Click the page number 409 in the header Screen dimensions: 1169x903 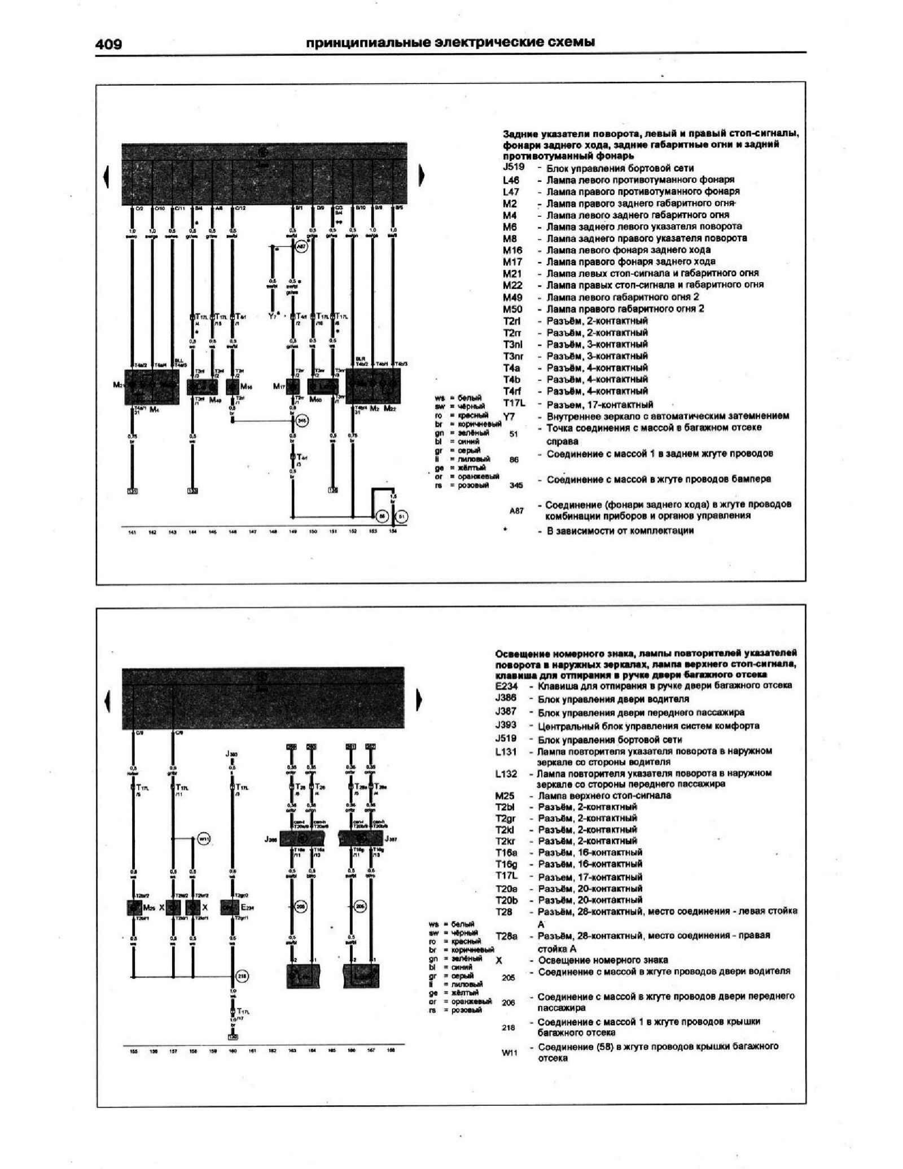pos(109,44)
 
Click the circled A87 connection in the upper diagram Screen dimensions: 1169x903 pos(301,247)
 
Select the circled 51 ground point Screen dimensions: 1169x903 pos(402,516)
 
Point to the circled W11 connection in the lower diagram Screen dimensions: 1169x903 pos(205,839)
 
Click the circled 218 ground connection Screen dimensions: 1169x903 pos(242,977)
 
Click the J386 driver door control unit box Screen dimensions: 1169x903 pos(303,839)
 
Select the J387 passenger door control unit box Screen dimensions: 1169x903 pos(360,839)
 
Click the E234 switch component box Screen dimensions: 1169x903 pos(230,908)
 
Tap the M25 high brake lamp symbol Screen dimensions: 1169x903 pos(134,908)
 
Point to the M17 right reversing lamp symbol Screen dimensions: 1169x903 pos(292,387)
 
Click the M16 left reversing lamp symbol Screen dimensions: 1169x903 pos(233,387)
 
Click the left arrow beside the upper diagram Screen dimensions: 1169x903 pos(106,176)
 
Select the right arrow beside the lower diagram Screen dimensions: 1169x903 pos(419,700)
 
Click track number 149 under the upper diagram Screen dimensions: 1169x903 pos(293,532)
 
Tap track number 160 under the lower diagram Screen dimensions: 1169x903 pos(232,1051)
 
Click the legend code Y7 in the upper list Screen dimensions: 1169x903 pos(509,417)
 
